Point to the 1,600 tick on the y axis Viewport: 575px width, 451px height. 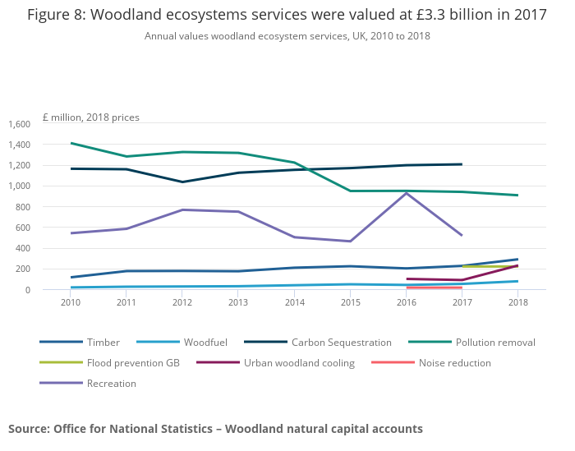[19, 124]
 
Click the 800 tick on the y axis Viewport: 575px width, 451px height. [22, 207]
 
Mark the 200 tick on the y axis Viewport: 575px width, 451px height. [22, 269]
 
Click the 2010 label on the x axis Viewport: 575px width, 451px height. [71, 302]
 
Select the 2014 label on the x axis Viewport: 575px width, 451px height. [294, 302]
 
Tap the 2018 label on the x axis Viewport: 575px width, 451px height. [517, 302]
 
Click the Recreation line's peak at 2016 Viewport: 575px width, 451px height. [406, 193]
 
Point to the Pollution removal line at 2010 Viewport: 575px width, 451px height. [71, 143]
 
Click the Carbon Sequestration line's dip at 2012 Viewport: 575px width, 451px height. [182, 182]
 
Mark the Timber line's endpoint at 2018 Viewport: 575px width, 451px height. [517, 259]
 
